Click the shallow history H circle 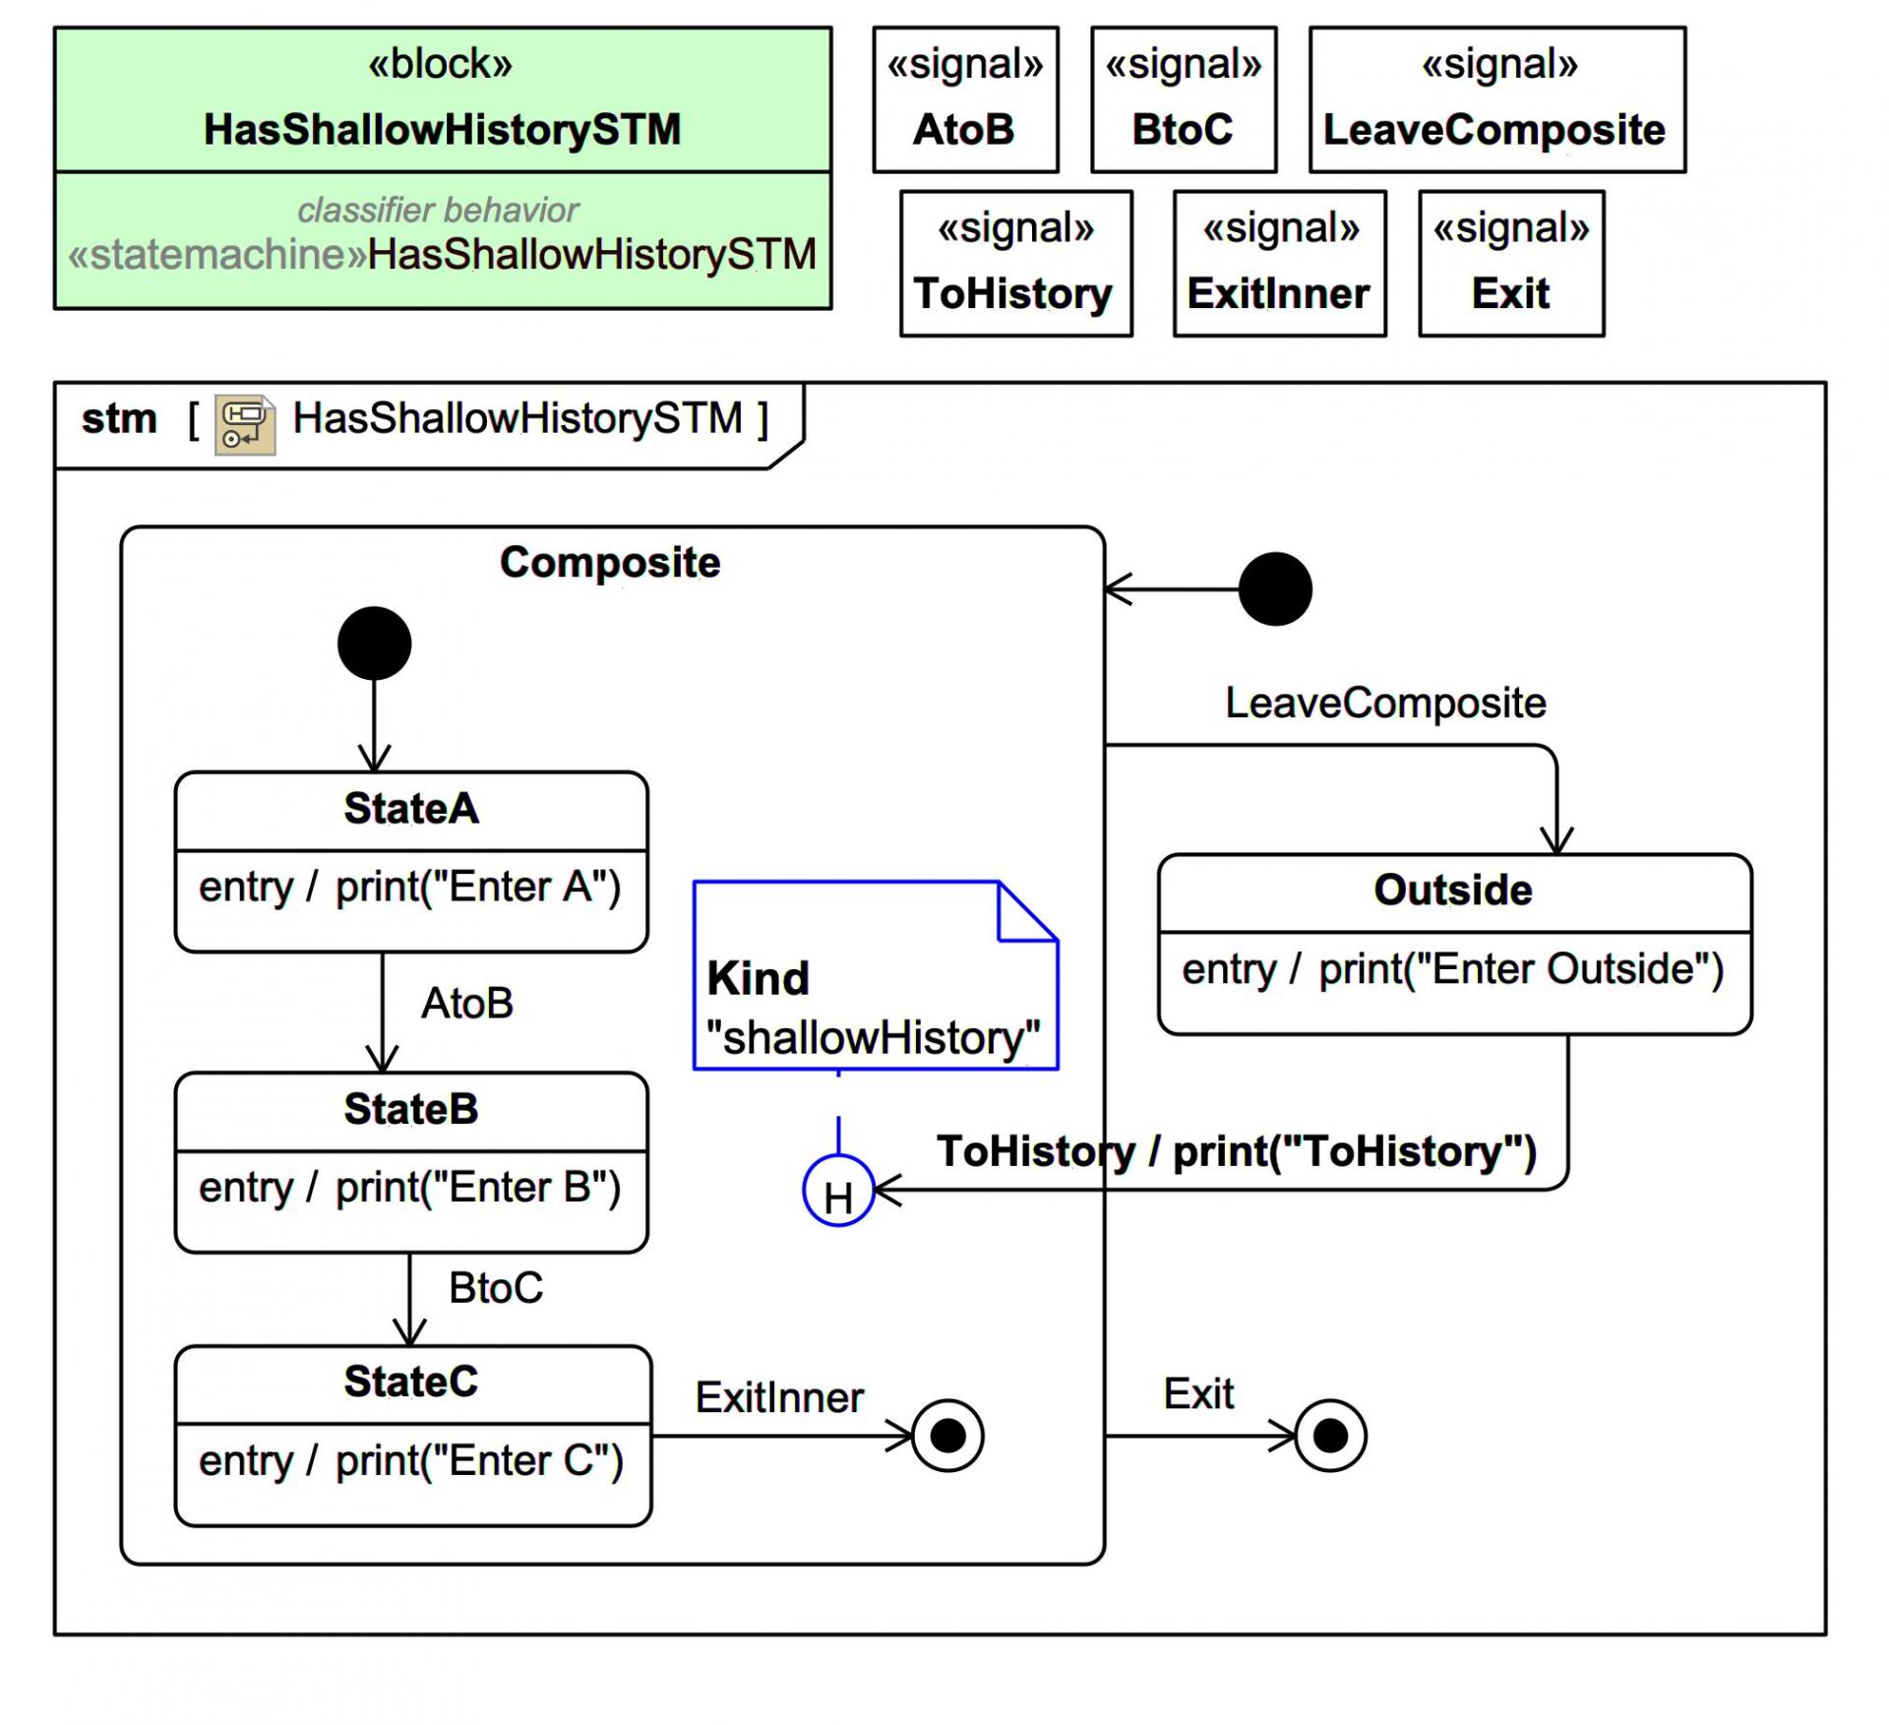[x=837, y=1191]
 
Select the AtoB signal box [x=964, y=100]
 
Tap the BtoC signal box [x=1183, y=100]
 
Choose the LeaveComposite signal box [x=1495, y=100]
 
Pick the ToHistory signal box [x=1015, y=264]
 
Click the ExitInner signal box [x=1279, y=264]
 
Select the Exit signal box [x=1510, y=264]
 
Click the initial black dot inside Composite [x=374, y=644]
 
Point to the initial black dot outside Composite [x=1274, y=589]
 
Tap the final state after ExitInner [x=947, y=1436]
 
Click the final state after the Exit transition [x=1330, y=1436]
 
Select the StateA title [x=411, y=809]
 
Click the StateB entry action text [x=409, y=1188]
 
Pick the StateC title [x=411, y=1382]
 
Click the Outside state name [x=1452, y=891]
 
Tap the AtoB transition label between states [x=467, y=1004]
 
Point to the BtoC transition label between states [x=496, y=1288]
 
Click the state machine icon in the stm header [x=245, y=425]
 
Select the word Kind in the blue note [x=758, y=979]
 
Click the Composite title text [x=610, y=563]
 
